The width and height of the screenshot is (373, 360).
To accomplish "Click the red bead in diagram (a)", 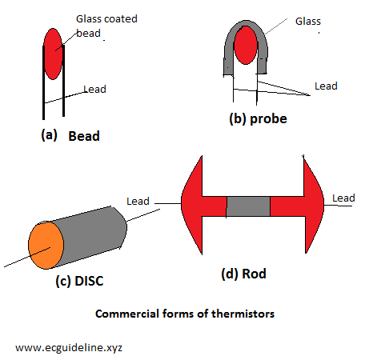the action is pyautogui.click(x=53, y=54).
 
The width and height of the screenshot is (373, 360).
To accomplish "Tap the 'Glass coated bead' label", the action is pyautogui.click(x=106, y=26).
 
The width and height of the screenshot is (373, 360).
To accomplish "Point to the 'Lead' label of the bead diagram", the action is pyautogui.click(x=94, y=89).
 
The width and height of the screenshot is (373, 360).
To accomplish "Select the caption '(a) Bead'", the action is pyautogui.click(x=70, y=135).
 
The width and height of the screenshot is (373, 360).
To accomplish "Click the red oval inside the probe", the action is pyautogui.click(x=246, y=45).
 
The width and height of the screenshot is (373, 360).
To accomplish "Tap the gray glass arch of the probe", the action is pyautogui.click(x=246, y=24).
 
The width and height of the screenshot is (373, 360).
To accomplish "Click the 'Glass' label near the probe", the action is pyautogui.click(x=308, y=22).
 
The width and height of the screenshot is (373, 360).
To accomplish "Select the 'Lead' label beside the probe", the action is pyautogui.click(x=326, y=86).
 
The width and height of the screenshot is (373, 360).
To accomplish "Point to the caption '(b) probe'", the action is pyautogui.click(x=258, y=118).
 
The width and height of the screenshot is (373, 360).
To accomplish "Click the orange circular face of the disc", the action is pyautogui.click(x=46, y=246).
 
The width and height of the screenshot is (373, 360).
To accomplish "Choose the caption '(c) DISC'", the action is pyautogui.click(x=79, y=281).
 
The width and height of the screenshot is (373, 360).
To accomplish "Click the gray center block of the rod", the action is pyautogui.click(x=248, y=206).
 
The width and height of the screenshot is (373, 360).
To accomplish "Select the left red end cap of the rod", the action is pyautogui.click(x=198, y=206).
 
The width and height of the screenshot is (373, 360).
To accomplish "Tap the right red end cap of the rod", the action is pyautogui.click(x=307, y=206).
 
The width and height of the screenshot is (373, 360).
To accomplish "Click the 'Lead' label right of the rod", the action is pyautogui.click(x=343, y=198).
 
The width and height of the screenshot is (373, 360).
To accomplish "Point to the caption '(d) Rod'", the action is pyautogui.click(x=243, y=274).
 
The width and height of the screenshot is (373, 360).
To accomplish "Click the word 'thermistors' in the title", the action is pyautogui.click(x=243, y=314).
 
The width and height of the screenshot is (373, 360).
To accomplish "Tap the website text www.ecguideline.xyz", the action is pyautogui.click(x=69, y=348).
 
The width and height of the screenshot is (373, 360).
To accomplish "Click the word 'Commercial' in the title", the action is pyautogui.click(x=127, y=314).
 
